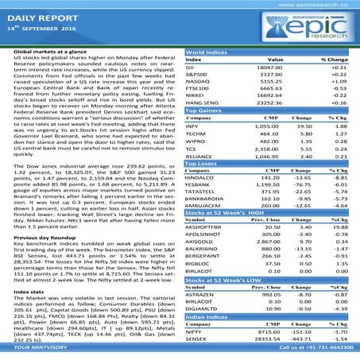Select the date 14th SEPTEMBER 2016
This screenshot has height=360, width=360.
tap(43, 29)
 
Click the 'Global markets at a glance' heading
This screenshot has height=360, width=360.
tap(52, 50)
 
